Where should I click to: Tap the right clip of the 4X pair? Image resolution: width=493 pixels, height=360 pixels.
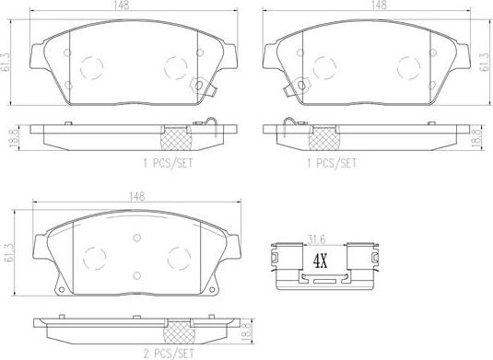pyautogui.click(x=360, y=259)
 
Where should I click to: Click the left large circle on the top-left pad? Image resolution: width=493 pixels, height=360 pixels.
pyautogui.click(x=92, y=67)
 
